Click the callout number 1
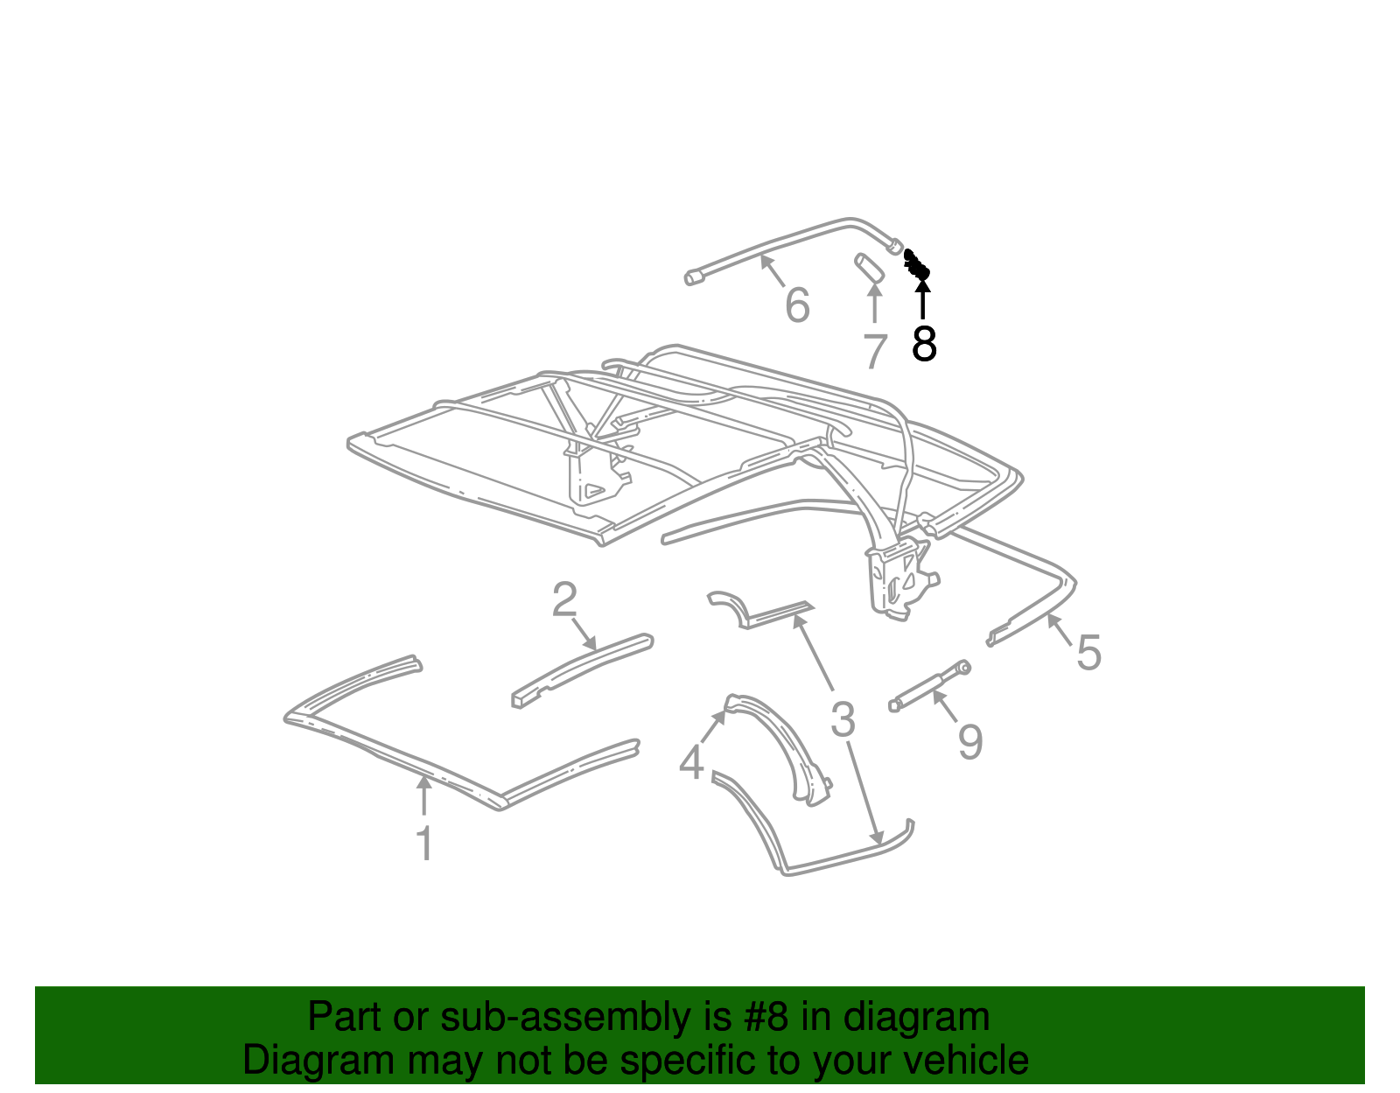(424, 843)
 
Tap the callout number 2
(564, 599)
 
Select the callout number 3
(843, 719)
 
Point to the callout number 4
(691, 763)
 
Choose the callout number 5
(1088, 652)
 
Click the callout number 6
(797, 305)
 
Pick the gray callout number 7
(875, 351)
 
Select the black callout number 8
(924, 343)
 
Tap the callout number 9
(970, 742)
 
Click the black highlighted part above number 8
(917, 264)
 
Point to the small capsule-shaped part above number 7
(869, 267)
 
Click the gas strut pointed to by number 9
(929, 686)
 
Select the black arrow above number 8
(922, 299)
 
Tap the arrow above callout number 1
(423, 795)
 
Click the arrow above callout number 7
(874, 303)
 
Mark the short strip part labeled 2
(583, 670)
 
